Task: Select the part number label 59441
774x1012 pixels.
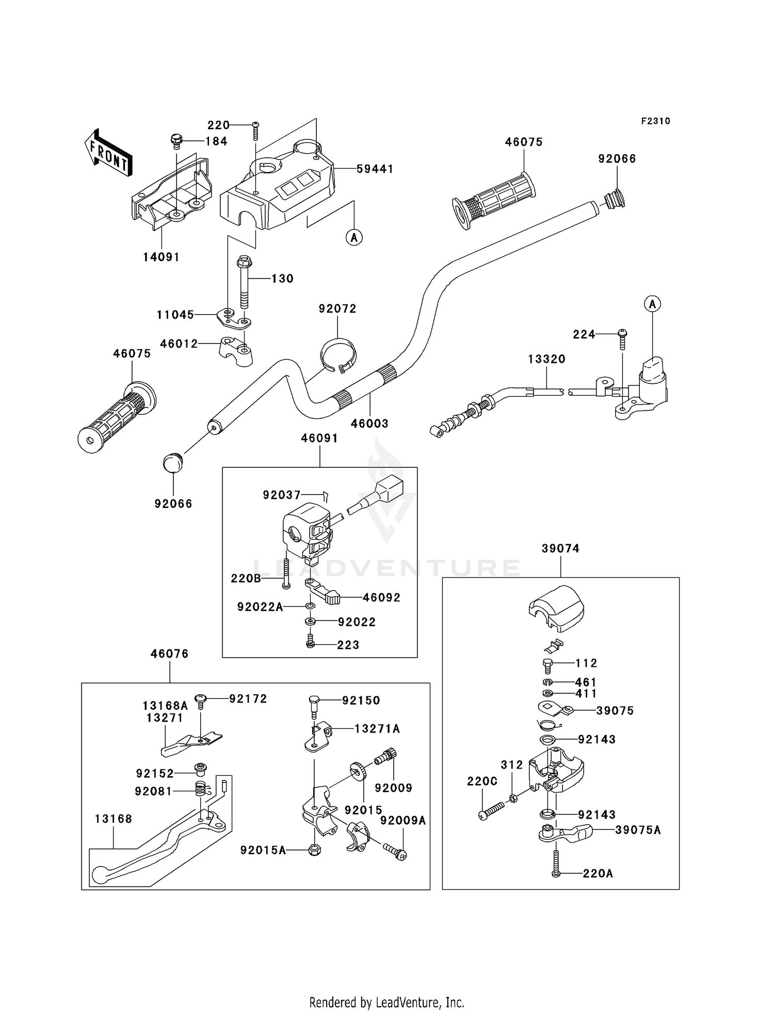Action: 375,169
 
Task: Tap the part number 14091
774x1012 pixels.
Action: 162,257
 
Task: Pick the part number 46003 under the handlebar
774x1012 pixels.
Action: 369,423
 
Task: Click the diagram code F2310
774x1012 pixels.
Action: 656,121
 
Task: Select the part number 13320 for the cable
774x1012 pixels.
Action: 546,359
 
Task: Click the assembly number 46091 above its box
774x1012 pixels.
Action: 319,438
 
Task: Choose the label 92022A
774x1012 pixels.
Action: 260,607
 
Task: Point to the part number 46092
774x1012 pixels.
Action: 381,597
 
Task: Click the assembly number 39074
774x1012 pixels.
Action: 560,549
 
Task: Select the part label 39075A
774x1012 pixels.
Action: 638,830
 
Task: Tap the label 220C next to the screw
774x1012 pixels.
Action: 482,781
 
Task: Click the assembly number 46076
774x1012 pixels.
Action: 169,654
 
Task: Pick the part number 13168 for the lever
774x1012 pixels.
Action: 114,819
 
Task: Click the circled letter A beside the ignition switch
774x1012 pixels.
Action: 652,304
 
